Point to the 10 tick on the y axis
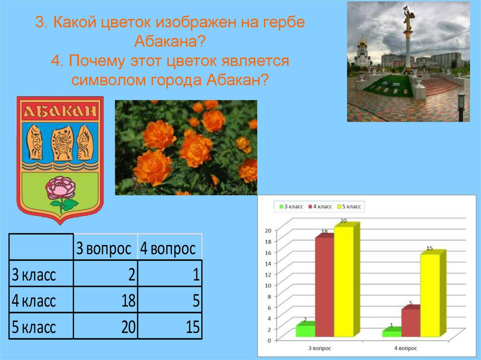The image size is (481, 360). pyautogui.click(x=269, y=285)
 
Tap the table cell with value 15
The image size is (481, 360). pyautogui.click(x=170, y=327)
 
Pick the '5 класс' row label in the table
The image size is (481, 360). pyautogui.click(x=41, y=327)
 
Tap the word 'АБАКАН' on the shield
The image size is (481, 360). pyautogui.click(x=60, y=111)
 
